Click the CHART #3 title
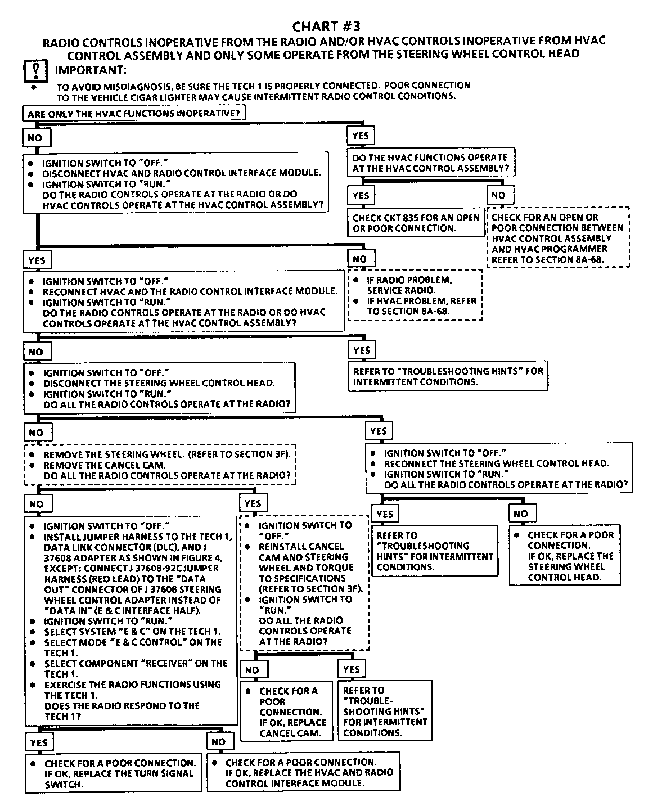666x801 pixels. coord(326,26)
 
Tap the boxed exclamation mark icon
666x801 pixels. coord(35,71)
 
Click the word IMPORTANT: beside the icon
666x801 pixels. coord(91,70)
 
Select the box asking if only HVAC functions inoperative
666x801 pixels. coord(134,113)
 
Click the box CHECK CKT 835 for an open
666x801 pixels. coord(416,223)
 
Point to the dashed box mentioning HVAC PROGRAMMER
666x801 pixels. coord(557,238)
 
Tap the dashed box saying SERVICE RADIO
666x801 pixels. coord(415,295)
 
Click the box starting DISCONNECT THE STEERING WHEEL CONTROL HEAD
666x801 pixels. coord(159,388)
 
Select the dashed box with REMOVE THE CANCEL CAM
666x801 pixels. coord(160,465)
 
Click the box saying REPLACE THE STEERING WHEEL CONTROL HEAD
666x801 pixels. coord(565,556)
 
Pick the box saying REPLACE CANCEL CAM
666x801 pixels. coord(289,712)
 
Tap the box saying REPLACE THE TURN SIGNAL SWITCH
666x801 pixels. coord(113,773)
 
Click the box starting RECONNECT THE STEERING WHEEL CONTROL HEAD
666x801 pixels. coord(499,469)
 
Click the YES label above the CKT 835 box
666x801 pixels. coord(361,195)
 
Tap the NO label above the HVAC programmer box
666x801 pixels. coord(498,195)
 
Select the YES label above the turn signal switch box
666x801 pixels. coord(38,742)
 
